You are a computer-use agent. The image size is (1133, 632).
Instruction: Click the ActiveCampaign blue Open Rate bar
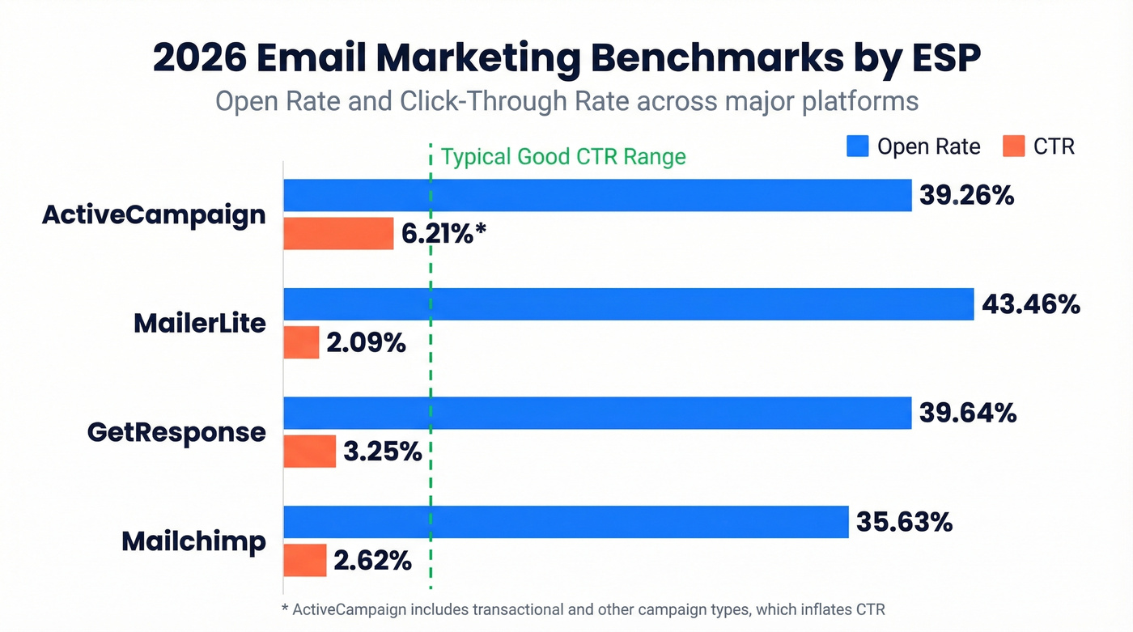(x=597, y=195)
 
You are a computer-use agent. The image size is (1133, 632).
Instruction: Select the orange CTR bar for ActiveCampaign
(x=338, y=234)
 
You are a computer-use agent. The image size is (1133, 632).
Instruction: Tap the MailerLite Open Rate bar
(x=628, y=304)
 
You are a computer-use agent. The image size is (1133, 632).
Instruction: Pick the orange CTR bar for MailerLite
(x=301, y=342)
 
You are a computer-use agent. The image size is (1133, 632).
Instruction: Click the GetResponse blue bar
(x=597, y=413)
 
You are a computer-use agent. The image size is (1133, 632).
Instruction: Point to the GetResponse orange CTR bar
(x=309, y=452)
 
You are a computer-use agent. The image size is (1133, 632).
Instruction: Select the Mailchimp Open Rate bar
(x=566, y=522)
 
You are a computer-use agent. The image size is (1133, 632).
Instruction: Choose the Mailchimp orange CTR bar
(x=305, y=560)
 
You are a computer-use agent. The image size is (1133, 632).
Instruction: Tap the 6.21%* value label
(x=443, y=234)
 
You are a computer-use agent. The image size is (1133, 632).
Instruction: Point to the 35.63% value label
(x=904, y=522)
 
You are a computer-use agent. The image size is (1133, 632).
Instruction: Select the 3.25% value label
(x=382, y=452)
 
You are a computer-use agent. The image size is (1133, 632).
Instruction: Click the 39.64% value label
(x=967, y=413)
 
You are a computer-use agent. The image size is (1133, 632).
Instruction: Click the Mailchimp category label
(x=193, y=541)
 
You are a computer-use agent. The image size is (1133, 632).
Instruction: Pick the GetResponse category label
(x=176, y=431)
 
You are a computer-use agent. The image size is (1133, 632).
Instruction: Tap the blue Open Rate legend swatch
(x=857, y=146)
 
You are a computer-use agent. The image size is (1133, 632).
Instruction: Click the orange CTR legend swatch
(x=1013, y=146)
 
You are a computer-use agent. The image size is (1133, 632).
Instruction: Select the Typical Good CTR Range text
(x=563, y=156)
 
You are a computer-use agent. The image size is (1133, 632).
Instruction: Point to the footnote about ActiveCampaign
(x=589, y=608)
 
